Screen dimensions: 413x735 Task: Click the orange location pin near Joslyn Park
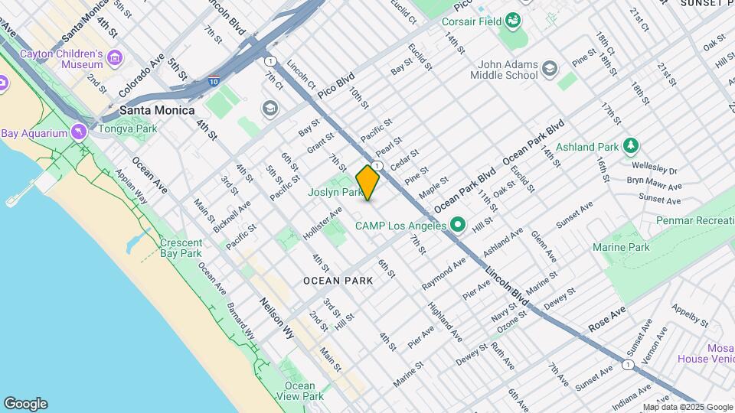coord(367,182)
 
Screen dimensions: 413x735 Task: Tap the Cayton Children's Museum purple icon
coord(116,57)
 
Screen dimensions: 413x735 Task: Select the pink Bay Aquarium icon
coord(79,132)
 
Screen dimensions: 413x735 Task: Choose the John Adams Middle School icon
coord(550,70)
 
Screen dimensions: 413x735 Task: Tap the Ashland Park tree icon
coord(631,145)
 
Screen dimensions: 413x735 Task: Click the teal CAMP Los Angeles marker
coord(458,226)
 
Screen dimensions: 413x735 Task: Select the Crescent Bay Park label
coord(181,248)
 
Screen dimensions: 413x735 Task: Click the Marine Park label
coord(621,247)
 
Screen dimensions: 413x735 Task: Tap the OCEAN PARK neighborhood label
coord(338,281)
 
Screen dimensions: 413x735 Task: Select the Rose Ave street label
coord(607,319)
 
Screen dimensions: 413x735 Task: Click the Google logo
coord(25,404)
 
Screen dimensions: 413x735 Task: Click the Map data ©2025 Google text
coord(688,407)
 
